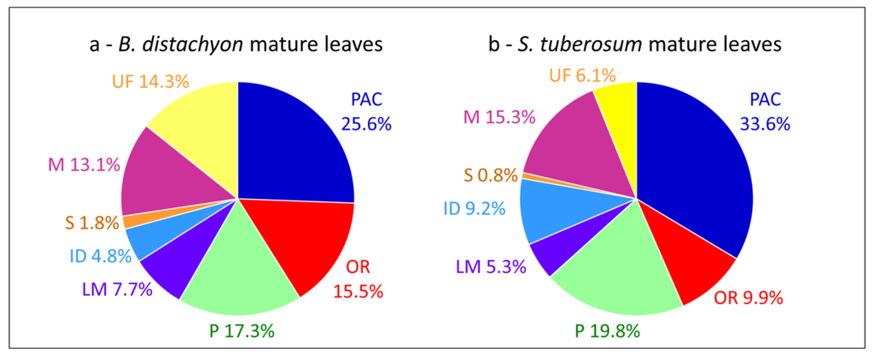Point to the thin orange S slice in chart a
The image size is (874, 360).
(130, 221)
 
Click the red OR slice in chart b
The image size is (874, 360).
(695, 269)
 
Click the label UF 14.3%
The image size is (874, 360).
(150, 82)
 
